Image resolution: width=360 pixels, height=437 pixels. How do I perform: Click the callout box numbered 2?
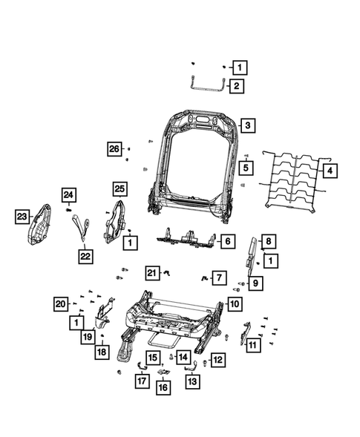236,87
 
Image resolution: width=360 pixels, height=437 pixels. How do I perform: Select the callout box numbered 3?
247,125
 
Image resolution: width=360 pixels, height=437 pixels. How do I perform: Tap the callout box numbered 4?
330,170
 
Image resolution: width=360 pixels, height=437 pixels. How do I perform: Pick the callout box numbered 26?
113,149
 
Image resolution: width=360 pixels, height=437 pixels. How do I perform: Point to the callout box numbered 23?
22,216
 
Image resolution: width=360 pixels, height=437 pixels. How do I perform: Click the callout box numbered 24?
68,195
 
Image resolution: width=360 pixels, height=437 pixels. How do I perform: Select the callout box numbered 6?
227,241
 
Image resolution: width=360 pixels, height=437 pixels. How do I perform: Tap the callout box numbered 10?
235,303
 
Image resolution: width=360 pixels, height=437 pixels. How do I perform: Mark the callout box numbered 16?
163,387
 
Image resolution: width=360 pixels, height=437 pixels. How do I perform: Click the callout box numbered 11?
252,345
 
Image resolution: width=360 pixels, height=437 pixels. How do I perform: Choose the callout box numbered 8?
269,240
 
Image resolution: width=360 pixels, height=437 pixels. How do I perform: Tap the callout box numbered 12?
217,360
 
